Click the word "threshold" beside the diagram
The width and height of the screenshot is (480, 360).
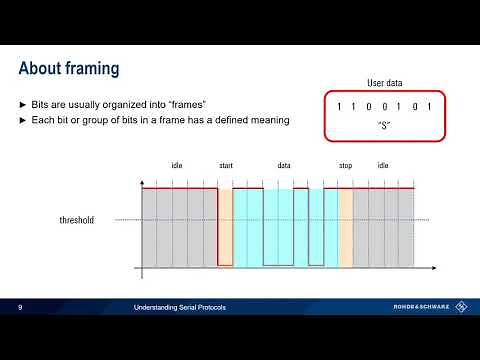[77, 220]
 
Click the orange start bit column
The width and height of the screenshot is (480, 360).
[225, 228]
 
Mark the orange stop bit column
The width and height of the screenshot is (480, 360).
[346, 228]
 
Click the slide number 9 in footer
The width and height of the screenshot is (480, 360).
[20, 307]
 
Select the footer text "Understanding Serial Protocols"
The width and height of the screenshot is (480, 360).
[180, 307]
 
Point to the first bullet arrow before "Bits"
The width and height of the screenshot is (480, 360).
[23, 105]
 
